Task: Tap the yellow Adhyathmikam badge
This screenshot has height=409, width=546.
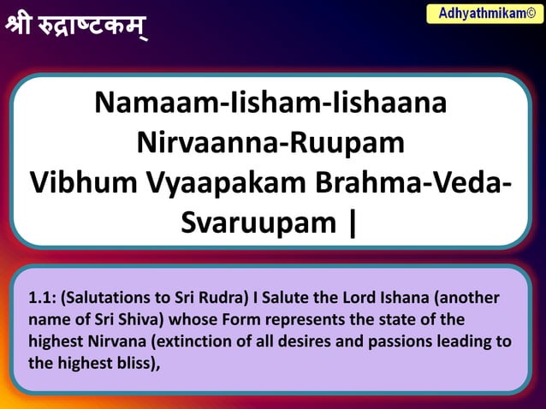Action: [484, 13]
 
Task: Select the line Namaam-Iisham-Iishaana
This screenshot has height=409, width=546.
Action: [270, 104]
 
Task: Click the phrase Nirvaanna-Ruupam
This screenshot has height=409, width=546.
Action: [270, 142]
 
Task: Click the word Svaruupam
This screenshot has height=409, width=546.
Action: [258, 222]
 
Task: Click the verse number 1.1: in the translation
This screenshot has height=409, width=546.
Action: [42, 299]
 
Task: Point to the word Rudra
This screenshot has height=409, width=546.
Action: [222, 299]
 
